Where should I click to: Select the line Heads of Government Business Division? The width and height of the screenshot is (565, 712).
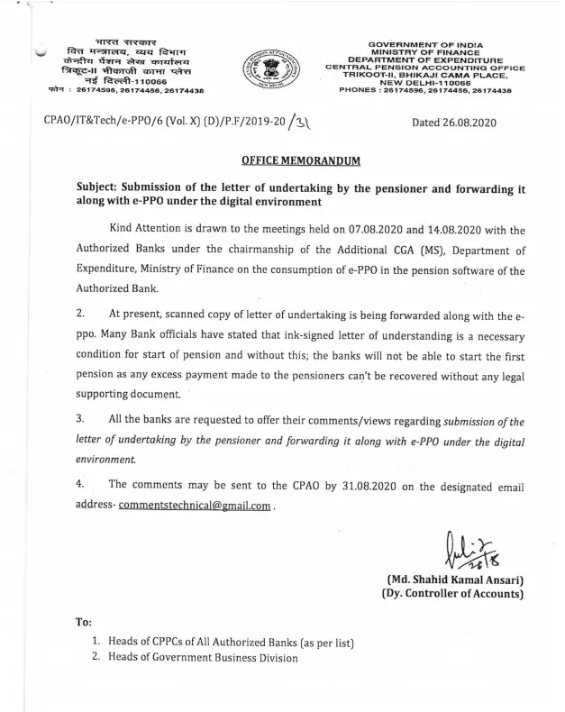202,657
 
